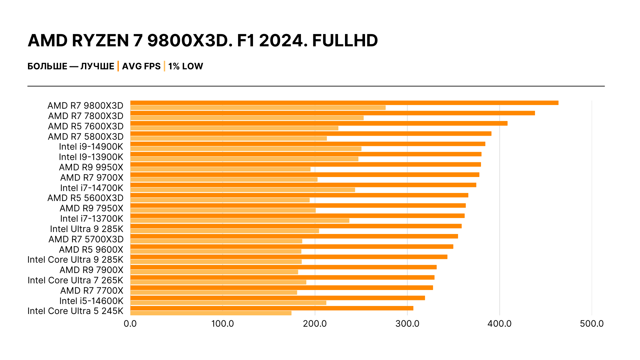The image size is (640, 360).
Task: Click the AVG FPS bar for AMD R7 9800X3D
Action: tap(344, 103)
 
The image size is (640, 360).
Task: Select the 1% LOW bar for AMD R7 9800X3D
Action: tap(258, 108)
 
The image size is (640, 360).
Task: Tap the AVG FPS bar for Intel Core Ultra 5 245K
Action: tap(272, 308)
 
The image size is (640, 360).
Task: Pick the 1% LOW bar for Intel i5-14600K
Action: tap(228, 303)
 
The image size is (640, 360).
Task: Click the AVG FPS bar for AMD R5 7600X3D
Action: tap(319, 123)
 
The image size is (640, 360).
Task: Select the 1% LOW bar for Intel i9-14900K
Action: tap(246, 149)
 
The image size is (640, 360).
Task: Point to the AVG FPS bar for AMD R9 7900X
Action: tap(283, 267)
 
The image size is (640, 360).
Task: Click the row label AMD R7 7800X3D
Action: tap(86, 116)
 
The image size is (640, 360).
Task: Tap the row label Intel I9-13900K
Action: tap(91, 157)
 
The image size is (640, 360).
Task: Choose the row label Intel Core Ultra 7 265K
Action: tap(75, 280)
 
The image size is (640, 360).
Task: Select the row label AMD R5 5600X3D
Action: tap(85, 198)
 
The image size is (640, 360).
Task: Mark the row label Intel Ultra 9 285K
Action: tap(87, 229)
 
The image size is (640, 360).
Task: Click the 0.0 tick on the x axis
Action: tap(130, 324)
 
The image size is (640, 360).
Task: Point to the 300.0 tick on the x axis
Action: tap(407, 324)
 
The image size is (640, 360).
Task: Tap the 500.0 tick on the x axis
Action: tap(592, 324)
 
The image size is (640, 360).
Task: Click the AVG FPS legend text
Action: tap(141, 66)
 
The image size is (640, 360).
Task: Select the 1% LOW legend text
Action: tap(186, 66)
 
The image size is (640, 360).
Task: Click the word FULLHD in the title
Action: tap(345, 41)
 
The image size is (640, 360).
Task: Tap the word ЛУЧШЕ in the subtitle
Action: tap(97, 66)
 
